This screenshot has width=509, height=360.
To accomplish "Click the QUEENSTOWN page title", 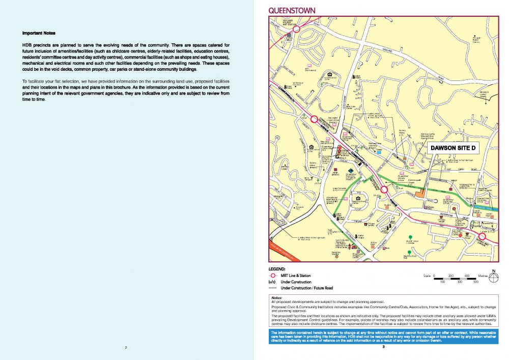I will coord(292,11).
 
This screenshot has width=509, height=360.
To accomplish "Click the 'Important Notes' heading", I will coord(39,34).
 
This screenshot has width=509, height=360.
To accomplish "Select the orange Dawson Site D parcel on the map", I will coord(419,193).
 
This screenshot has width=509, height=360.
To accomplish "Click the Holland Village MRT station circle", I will coord(296,29).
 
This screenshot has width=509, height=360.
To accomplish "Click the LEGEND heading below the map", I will coord(277,268).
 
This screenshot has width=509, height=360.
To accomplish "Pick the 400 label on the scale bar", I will coord(466,275).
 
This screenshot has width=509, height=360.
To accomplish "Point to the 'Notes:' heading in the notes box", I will coord(276,297).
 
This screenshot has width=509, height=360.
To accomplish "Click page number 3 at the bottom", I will coord(384,348).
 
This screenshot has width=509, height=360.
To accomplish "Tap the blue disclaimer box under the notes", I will coord(384,336).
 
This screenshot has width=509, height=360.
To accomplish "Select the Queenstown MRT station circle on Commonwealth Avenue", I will coord(384,189).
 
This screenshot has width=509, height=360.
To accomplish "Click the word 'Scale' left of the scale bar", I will coord(428,275).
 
